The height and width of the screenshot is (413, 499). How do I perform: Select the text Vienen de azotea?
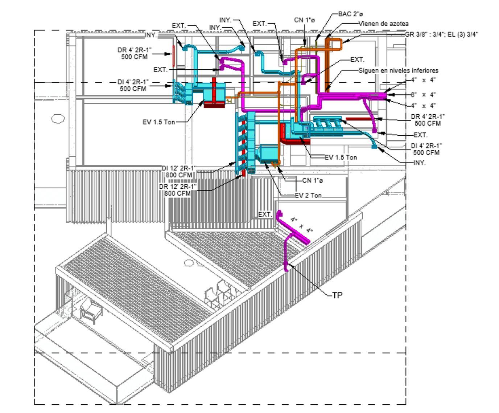pos(383,24)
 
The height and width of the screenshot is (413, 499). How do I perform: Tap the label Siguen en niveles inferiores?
pos(398,70)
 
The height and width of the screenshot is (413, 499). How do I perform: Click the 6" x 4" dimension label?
pos(422,95)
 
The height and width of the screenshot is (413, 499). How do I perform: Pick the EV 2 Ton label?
pos(308,195)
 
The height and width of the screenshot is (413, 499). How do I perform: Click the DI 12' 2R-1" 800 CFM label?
pos(179,171)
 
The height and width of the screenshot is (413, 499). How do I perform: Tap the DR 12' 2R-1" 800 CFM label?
pos(178,190)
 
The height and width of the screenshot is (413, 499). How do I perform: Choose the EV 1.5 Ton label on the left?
pos(158,122)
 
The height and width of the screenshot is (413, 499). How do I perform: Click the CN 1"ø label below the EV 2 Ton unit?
pos(312,180)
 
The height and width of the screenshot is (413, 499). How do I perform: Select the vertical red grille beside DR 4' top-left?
pos(174,53)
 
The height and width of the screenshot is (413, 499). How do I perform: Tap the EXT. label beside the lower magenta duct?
pos(265,214)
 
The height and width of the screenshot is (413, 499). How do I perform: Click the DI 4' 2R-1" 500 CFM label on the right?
pos(426,149)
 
